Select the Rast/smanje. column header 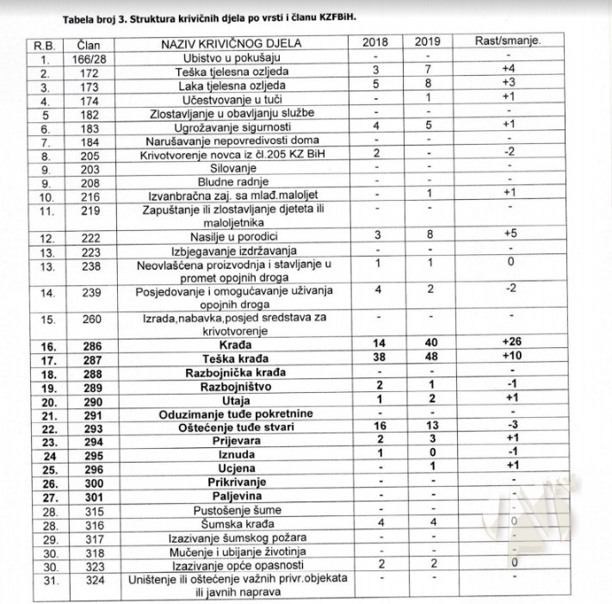(x=508, y=41)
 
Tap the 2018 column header (x=374, y=42)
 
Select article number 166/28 (x=90, y=58)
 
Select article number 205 (x=90, y=154)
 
